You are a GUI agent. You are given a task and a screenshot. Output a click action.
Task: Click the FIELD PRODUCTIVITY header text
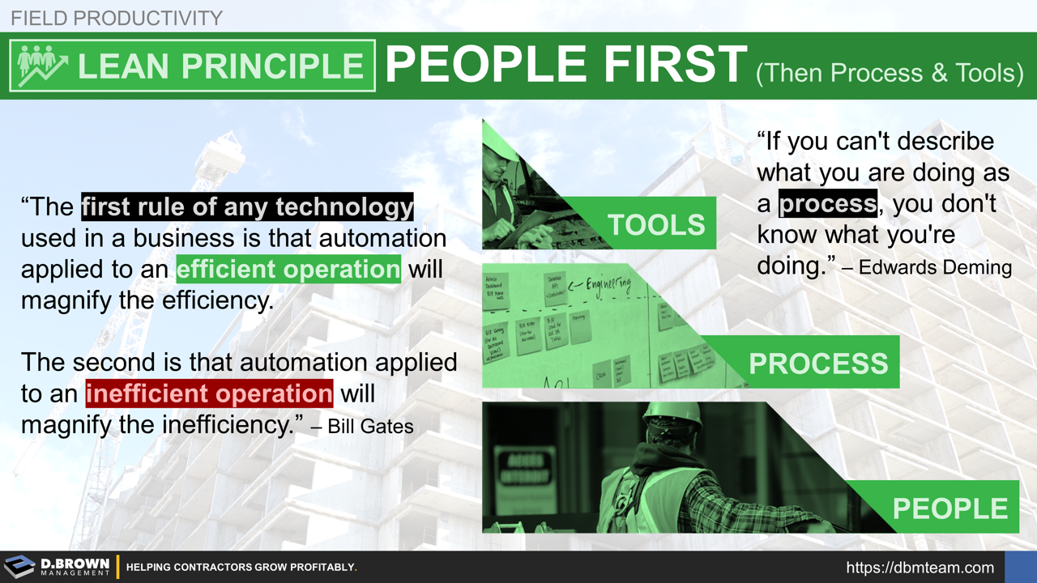click(x=116, y=16)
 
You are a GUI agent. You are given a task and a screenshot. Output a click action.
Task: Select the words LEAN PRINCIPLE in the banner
click(x=220, y=66)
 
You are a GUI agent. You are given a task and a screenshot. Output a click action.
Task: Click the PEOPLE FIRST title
click(x=565, y=64)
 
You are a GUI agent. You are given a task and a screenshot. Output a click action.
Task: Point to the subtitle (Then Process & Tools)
click(x=889, y=73)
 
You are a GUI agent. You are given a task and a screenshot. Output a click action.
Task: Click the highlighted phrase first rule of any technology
click(x=247, y=207)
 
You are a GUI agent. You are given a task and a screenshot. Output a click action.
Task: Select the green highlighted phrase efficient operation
click(x=288, y=269)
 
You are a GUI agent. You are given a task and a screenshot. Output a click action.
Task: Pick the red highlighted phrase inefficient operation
click(x=209, y=394)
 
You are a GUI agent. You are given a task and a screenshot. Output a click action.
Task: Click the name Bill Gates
click(x=370, y=426)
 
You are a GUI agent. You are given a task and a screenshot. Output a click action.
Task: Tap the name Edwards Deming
click(x=935, y=267)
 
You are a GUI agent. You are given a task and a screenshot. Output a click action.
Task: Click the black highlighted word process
click(x=827, y=203)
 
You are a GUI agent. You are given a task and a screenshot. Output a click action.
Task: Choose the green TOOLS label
click(x=656, y=224)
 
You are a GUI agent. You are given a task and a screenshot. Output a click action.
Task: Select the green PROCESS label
click(x=818, y=364)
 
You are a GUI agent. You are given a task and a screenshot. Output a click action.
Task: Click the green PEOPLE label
click(x=950, y=509)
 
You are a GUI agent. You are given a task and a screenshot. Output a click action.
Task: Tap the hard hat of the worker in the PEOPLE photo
click(x=672, y=414)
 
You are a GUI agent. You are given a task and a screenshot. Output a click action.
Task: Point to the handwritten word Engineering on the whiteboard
click(x=600, y=283)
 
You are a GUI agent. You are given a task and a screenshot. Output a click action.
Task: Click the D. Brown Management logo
click(x=57, y=567)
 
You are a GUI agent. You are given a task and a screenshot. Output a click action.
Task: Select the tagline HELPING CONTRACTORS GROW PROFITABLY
click(x=241, y=568)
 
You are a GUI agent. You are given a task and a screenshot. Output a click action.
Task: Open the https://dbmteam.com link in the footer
click(x=920, y=568)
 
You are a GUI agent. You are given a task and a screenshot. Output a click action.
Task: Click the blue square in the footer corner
click(x=1020, y=567)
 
